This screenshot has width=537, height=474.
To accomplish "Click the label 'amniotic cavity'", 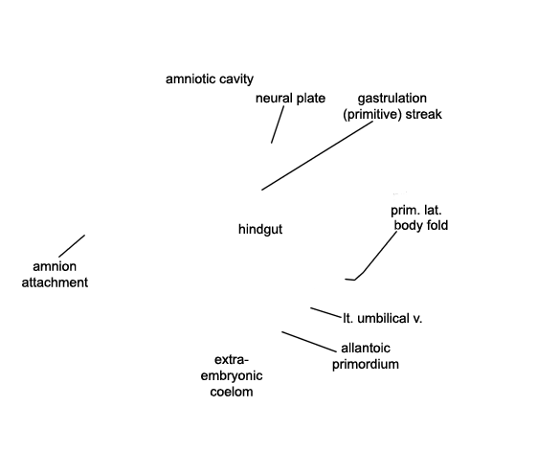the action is pos(210,79).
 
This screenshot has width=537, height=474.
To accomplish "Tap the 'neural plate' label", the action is pos(290,99).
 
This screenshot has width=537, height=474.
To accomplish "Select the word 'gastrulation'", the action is pos(392,99).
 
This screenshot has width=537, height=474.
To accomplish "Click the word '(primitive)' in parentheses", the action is pos(372,114).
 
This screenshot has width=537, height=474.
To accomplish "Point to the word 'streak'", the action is pos(424,114).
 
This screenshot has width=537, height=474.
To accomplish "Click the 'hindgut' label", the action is pos(260,230).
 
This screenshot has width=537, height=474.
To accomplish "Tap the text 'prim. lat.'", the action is pos(416,211).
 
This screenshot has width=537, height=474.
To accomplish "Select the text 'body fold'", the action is pos(421,225).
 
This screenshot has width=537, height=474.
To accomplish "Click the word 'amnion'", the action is pos(55,267).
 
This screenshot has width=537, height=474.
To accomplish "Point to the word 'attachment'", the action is pos(55,282).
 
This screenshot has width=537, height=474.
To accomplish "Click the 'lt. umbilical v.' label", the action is pos(383,319).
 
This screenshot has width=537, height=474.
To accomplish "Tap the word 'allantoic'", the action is pos(366,349).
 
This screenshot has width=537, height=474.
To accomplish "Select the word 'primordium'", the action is pos(366,364).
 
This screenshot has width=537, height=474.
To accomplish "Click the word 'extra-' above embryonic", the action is pos(232,360).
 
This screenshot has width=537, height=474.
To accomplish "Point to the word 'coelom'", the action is pos(232,392).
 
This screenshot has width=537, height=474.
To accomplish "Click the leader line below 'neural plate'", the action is pos(278,124).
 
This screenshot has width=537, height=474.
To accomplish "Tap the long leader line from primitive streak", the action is pos(317,155).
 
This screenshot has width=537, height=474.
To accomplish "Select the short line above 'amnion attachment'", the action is pos(72,246).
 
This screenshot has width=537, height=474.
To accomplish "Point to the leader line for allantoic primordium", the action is pos(309,342).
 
